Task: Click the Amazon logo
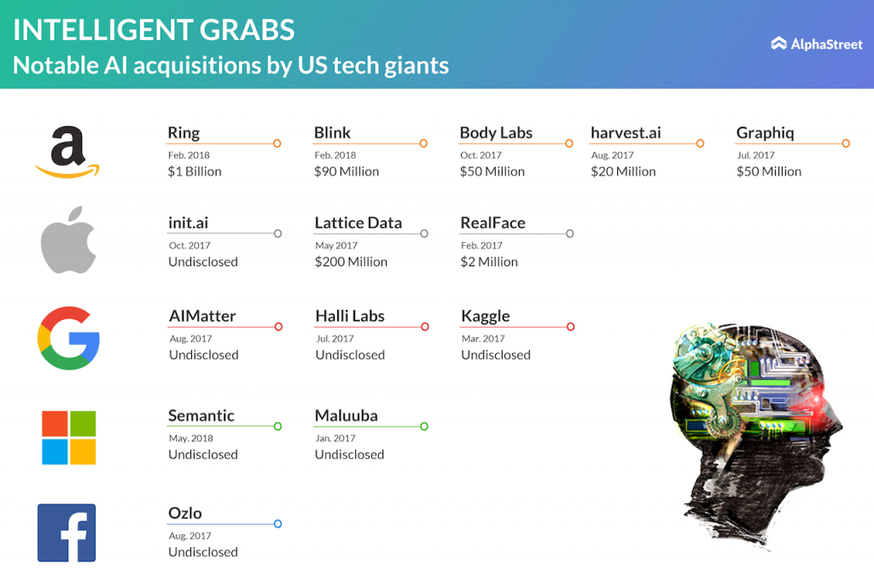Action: click(x=67, y=152)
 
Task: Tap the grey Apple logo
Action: click(x=68, y=241)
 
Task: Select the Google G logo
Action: click(x=68, y=338)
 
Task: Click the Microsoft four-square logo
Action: click(x=68, y=438)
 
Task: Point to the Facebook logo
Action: click(x=67, y=533)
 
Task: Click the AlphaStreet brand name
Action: click(x=826, y=44)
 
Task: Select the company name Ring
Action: click(x=184, y=132)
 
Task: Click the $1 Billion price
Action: click(x=195, y=172)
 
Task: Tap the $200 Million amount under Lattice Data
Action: click(x=351, y=261)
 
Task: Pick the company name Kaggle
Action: click(x=485, y=316)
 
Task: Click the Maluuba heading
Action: click(x=347, y=416)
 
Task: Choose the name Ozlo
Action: click(x=185, y=513)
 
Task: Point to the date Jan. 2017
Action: click(x=335, y=438)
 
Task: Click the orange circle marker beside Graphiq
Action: click(x=846, y=143)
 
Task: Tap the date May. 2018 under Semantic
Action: click(x=190, y=438)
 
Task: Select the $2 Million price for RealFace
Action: click(x=489, y=261)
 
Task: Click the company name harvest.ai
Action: click(x=626, y=132)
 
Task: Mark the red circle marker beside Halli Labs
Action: click(x=425, y=327)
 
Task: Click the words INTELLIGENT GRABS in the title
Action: click(x=154, y=30)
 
